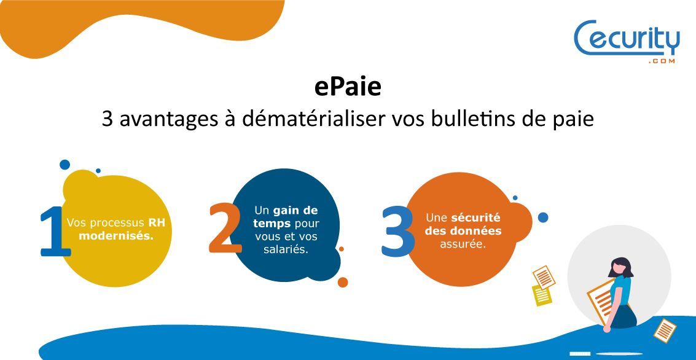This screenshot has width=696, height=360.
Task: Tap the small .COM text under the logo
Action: coord(662,61)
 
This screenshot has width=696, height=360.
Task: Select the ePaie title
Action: coord(348,87)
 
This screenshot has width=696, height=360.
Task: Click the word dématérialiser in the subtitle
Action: coord(315,119)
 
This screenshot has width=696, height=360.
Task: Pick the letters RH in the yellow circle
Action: coord(157,223)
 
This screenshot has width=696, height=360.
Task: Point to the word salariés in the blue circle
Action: coord(286,249)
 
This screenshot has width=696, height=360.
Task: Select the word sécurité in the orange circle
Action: coord(476,217)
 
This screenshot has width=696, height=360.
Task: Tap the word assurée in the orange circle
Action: coord(463,244)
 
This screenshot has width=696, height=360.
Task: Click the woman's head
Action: coord(620,267)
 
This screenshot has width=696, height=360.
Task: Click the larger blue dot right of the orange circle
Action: coord(543,217)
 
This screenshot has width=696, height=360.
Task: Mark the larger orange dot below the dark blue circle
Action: coord(343,282)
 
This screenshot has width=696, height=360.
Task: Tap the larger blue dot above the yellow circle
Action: coord(65,165)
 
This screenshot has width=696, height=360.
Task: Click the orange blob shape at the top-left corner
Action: coord(123,22)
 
